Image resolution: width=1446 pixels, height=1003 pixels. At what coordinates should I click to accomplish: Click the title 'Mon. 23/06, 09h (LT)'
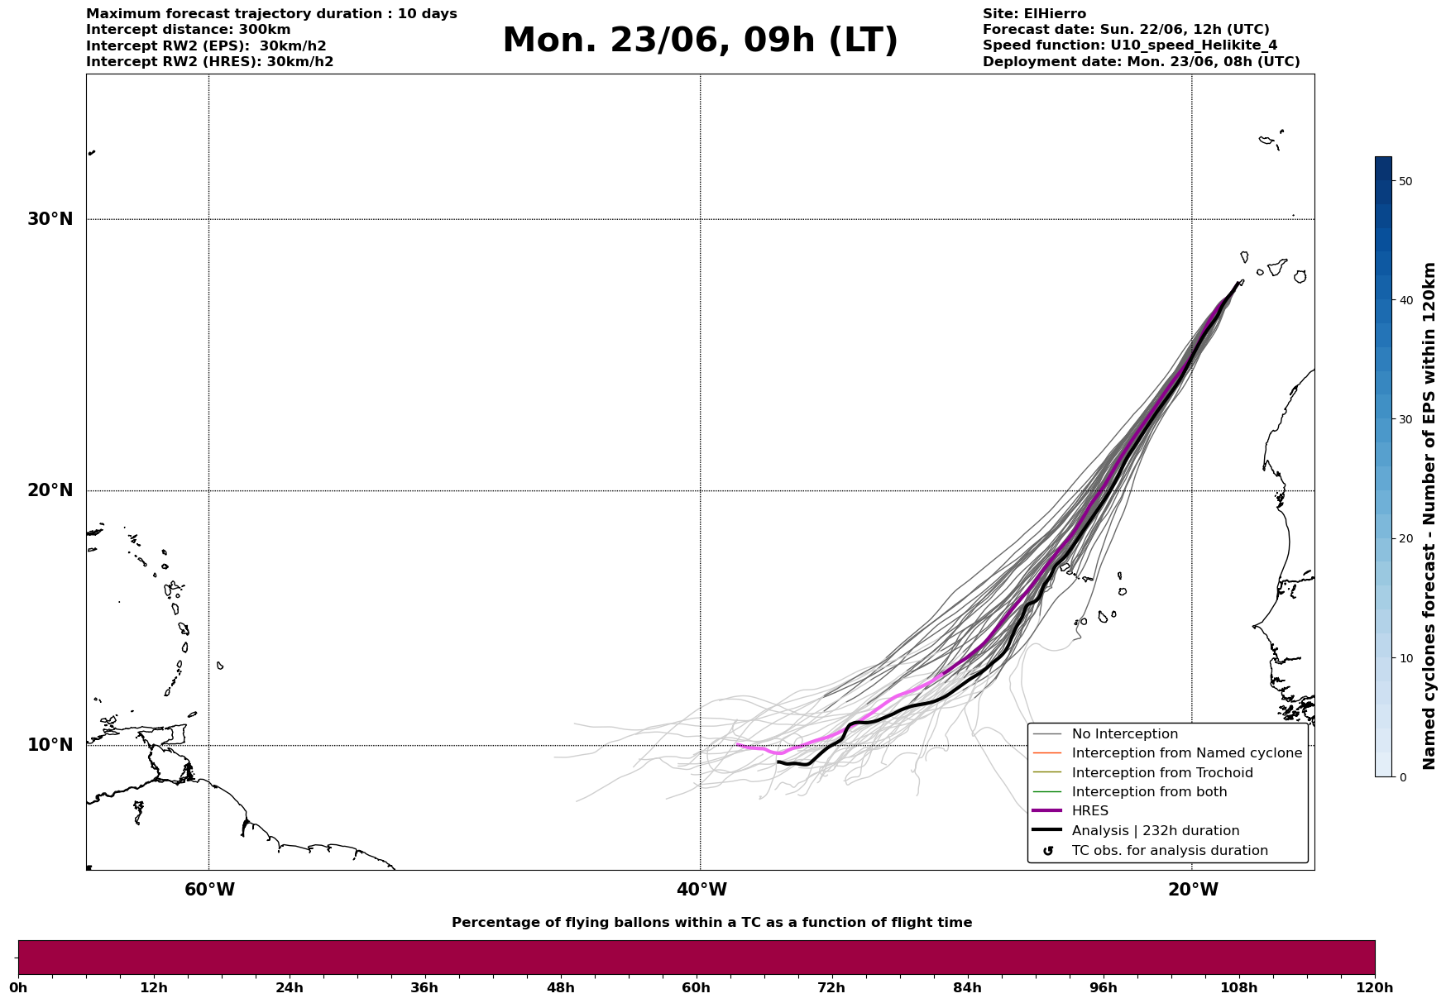(700, 41)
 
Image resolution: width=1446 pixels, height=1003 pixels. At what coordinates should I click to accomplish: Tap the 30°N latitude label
(50, 219)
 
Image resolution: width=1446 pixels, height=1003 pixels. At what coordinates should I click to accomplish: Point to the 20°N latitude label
(50, 490)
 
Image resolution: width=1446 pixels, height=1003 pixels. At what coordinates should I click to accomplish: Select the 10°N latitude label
(50, 745)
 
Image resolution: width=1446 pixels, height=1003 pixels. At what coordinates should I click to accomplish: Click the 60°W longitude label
(209, 890)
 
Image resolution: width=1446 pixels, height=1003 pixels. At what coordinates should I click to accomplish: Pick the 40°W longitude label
(701, 890)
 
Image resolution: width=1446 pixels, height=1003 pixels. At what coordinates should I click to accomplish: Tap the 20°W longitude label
(1193, 890)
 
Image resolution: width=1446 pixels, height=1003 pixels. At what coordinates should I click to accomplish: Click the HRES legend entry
(1089, 811)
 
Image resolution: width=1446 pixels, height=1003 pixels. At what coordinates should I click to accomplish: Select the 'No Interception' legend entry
(1124, 734)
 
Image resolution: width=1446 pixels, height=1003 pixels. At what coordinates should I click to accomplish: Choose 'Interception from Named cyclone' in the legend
(1186, 753)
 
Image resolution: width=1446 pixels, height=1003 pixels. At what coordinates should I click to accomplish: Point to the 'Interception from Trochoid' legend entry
(1161, 773)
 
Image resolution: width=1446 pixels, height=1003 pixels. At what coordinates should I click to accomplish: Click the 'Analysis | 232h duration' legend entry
(1155, 831)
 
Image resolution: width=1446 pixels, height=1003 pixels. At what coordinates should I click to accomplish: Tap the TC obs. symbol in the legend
(1048, 851)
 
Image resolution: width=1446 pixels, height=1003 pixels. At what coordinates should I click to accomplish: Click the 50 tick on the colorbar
(1405, 181)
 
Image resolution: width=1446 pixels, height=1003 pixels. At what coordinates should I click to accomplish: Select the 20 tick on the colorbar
(1405, 539)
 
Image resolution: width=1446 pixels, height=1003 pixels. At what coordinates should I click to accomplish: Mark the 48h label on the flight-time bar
(560, 987)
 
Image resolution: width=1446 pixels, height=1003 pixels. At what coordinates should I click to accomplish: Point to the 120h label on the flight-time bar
(1374, 987)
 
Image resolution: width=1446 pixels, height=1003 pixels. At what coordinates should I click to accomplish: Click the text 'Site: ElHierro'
(1034, 14)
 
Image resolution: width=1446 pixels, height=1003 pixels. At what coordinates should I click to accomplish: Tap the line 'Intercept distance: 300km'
(189, 30)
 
